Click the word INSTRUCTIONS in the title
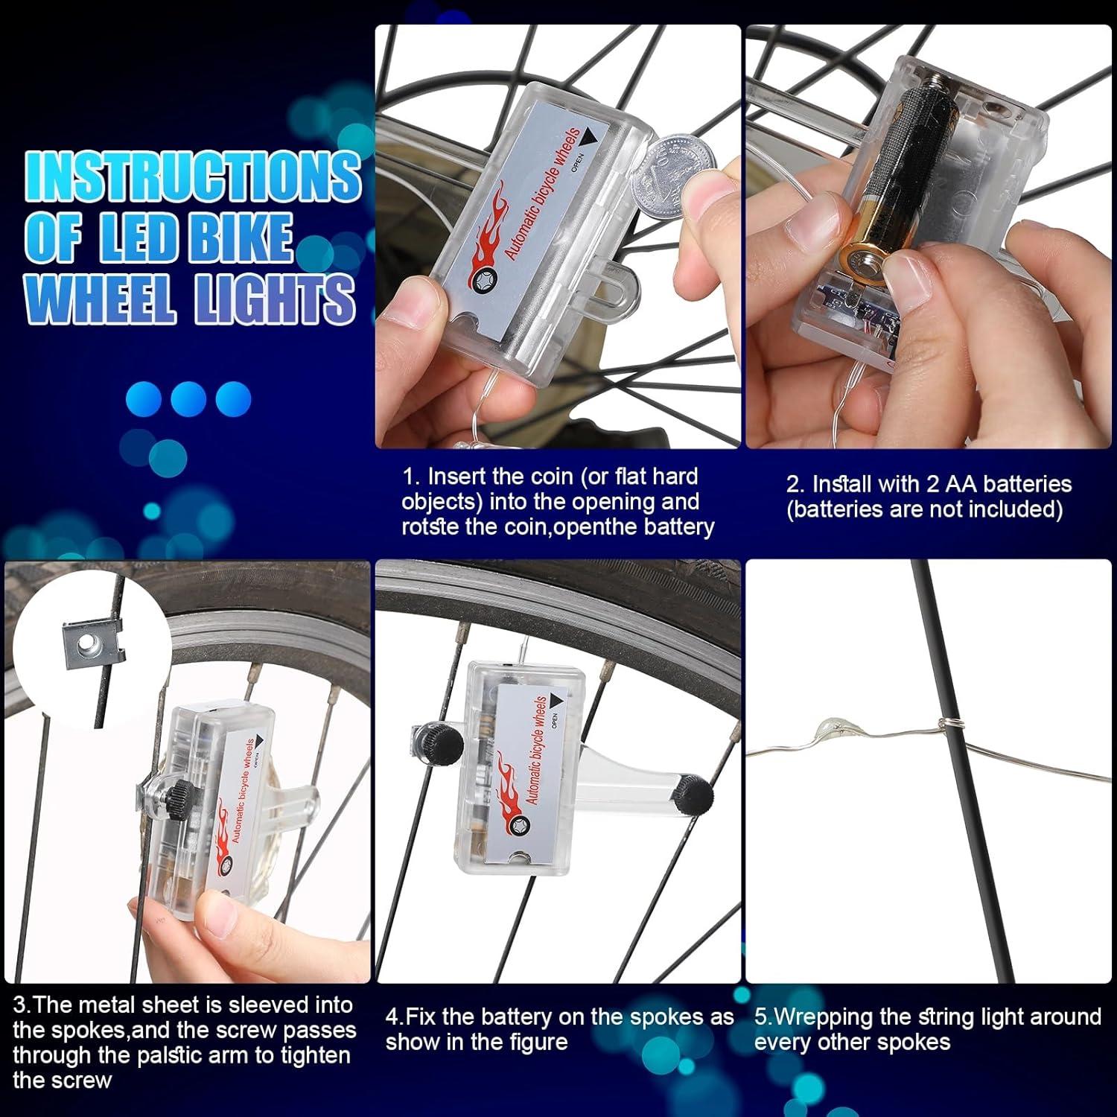click(x=192, y=176)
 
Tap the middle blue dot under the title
click(x=188, y=398)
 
